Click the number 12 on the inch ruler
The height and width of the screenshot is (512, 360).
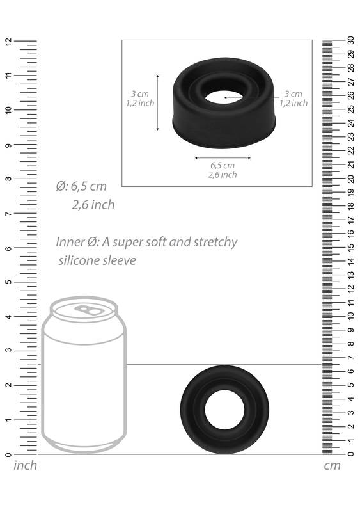pos(8,41)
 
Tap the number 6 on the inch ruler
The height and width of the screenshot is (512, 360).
pos(8,248)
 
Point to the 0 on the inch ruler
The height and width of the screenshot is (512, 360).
pos(8,454)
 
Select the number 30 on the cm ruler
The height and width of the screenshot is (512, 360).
pos(351,40)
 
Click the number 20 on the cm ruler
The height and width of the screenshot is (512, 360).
pos(351,179)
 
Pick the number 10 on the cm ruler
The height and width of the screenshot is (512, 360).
pos(351,316)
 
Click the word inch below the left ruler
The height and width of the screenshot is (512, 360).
pos(25,465)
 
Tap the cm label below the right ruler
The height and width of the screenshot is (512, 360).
pos(332,466)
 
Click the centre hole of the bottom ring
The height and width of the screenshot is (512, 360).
pos(224,410)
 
